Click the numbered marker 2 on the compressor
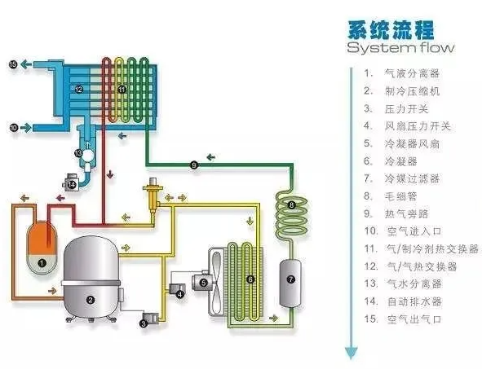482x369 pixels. point(90,300)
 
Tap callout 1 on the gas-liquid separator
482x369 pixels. point(42,263)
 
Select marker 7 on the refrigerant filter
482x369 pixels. point(291,279)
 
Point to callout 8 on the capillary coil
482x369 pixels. point(291,204)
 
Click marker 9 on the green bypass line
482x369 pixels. point(194,165)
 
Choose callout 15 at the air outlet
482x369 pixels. point(13,64)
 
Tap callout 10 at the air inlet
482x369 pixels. point(14,127)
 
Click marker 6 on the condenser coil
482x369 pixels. point(250,279)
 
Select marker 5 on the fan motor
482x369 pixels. point(204,283)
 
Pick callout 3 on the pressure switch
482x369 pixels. point(144,323)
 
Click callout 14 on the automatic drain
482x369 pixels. point(72,185)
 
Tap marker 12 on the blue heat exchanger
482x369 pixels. point(79,90)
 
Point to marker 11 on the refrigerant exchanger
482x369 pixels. point(122,90)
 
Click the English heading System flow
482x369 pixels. point(400,47)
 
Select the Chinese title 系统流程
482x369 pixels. point(391,29)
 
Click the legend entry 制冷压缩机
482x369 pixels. point(412,91)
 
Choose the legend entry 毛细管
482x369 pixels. point(400,196)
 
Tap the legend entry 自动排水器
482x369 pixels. point(414,301)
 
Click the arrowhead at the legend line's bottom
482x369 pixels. point(351,353)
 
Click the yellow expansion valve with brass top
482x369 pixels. point(152,193)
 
